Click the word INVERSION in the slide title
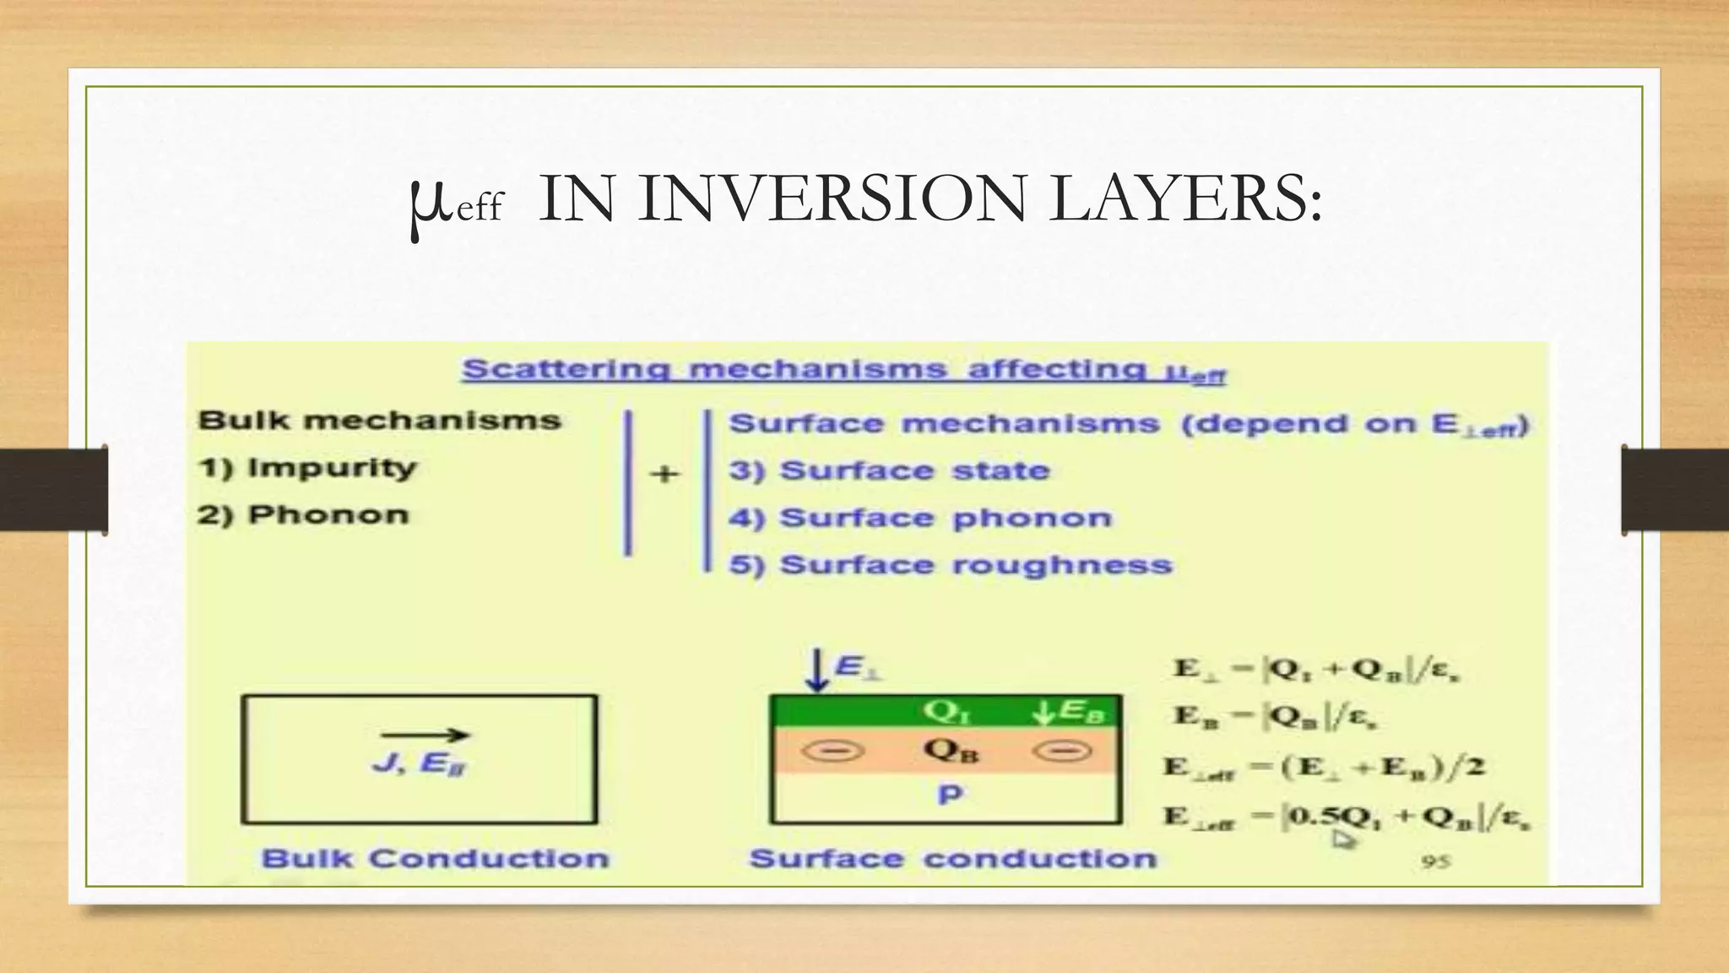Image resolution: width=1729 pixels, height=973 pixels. (x=832, y=199)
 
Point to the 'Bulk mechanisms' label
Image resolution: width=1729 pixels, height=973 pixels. (x=379, y=421)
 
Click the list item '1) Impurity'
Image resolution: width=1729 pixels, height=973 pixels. (x=307, y=468)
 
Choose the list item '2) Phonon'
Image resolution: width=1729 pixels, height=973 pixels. (x=303, y=514)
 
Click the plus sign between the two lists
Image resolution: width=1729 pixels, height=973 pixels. (x=664, y=474)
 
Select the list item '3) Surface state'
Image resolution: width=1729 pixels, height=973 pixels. (x=890, y=470)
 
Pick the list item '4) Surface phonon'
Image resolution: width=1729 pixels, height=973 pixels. (x=920, y=518)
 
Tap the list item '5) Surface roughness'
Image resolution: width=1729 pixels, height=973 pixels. (x=951, y=565)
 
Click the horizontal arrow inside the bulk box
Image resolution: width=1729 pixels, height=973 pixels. (x=424, y=735)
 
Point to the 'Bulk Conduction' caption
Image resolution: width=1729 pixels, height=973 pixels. (x=435, y=858)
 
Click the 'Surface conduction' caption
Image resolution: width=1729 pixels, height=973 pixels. (x=953, y=858)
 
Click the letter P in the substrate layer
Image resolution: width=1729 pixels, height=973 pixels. (x=950, y=795)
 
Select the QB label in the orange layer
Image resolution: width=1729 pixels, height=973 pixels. (x=951, y=750)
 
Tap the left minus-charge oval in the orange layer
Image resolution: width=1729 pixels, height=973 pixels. (x=832, y=750)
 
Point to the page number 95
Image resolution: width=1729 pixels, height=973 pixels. (x=1435, y=862)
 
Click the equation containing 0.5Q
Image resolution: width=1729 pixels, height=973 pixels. (x=1347, y=818)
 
